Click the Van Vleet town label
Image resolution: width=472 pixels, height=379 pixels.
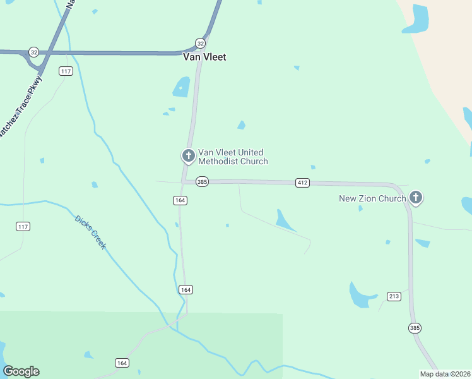point(204,57)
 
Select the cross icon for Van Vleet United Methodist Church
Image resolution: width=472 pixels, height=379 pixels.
point(188,155)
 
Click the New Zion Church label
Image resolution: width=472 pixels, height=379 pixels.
point(372,198)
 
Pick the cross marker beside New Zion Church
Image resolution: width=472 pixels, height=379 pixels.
point(415,198)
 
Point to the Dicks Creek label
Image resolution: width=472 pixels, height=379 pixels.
point(91,232)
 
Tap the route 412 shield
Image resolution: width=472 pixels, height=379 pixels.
point(302,183)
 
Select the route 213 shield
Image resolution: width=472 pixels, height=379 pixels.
point(394,296)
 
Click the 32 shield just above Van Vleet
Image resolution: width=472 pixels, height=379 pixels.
point(200,43)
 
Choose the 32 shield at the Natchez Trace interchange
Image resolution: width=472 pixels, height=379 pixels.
point(33,52)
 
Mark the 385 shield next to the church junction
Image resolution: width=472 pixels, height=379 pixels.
point(202,181)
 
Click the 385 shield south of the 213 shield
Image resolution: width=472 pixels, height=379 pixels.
point(415,328)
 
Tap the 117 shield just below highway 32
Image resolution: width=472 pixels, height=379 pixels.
point(66,71)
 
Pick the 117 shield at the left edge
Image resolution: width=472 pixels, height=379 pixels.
point(23,226)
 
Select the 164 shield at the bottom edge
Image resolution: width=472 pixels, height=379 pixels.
point(122,363)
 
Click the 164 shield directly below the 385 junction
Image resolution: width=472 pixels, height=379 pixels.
point(180,200)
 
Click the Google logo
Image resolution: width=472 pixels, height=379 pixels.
point(21,371)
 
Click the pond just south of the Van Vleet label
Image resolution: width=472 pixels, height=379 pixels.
point(182,87)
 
